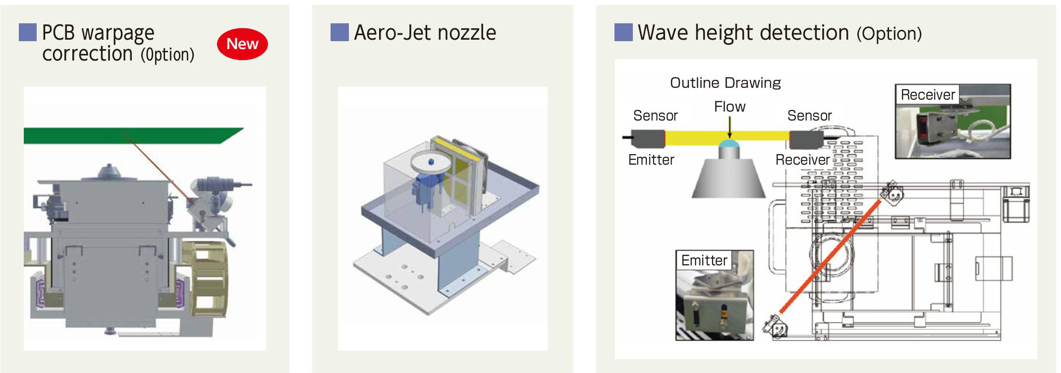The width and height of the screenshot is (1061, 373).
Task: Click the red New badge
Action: [x=242, y=44]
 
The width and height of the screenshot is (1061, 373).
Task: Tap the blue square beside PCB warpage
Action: [x=28, y=32]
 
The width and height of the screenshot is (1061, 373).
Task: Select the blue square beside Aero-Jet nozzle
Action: [x=339, y=32]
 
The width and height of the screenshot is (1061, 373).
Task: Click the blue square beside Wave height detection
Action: [x=623, y=32]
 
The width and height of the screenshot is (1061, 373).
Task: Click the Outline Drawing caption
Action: [x=725, y=83]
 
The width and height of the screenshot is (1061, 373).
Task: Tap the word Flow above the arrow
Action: [x=729, y=107]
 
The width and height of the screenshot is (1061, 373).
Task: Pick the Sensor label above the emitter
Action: [x=655, y=116]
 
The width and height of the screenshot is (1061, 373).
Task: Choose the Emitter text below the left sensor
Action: [x=651, y=160]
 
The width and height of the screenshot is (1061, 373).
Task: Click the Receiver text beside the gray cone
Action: [x=802, y=160]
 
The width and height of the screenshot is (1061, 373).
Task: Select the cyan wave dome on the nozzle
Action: [x=729, y=144]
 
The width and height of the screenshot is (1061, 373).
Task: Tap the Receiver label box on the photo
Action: [x=927, y=95]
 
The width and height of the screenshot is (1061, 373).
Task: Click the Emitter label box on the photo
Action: [x=704, y=260]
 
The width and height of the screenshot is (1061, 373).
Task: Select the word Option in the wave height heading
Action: [x=890, y=34]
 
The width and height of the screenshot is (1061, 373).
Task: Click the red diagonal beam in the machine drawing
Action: [x=831, y=256]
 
